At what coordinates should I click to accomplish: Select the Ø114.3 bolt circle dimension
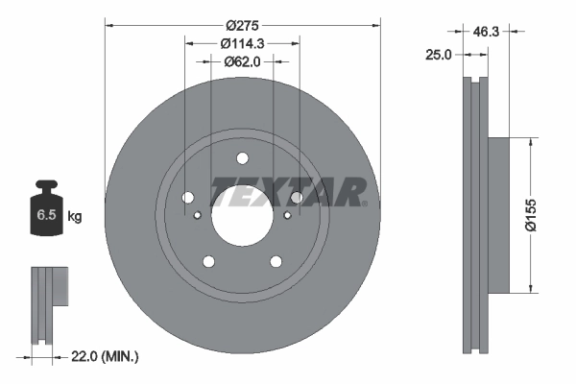tap(243, 43)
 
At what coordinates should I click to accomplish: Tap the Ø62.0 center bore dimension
tap(243, 61)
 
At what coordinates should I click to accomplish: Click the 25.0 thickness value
tap(438, 56)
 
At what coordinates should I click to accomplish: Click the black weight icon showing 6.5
tap(46, 212)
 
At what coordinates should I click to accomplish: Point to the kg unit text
tap(75, 217)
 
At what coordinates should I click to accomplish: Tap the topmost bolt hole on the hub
tap(242, 159)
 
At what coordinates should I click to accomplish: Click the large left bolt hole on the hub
tap(187, 198)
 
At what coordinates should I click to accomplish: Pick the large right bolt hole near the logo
tap(297, 198)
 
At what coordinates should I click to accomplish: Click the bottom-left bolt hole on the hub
tap(208, 261)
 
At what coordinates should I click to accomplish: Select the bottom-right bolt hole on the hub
tap(276, 261)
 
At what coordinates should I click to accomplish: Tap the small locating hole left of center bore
tap(199, 215)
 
